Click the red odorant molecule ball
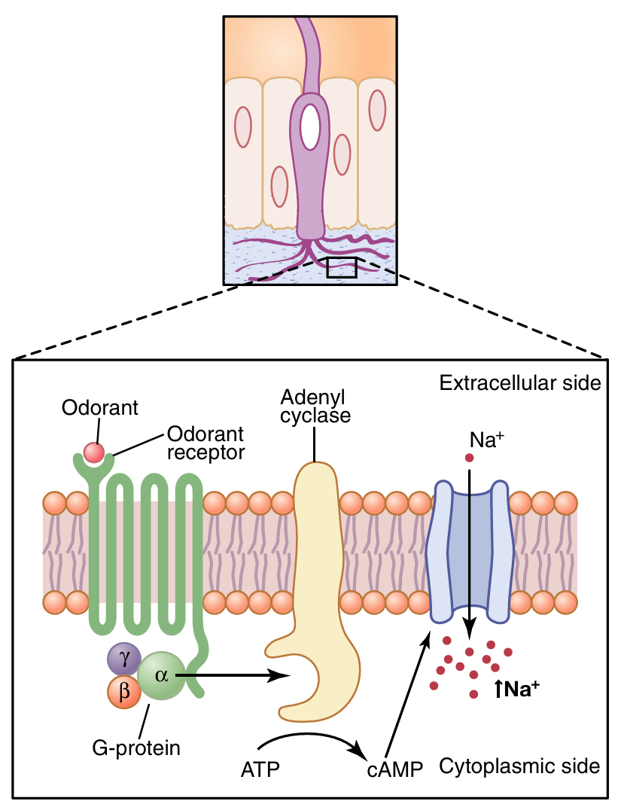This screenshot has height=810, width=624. coord(93,452)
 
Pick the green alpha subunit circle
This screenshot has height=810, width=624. coord(160,675)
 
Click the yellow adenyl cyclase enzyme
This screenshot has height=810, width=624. coord(316,572)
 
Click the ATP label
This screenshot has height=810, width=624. coord(260,769)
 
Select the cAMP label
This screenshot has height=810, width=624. coord(395,769)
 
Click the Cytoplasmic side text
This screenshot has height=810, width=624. coord(519,766)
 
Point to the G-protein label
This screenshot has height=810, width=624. coord(136,748)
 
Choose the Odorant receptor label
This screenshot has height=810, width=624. coord(205,443)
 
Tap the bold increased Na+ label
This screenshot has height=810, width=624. coord(518,687)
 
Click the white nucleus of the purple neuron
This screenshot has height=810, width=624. coord(309,126)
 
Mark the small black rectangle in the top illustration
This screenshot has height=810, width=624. coord(342,267)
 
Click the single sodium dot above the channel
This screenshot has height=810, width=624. coord(469,458)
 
